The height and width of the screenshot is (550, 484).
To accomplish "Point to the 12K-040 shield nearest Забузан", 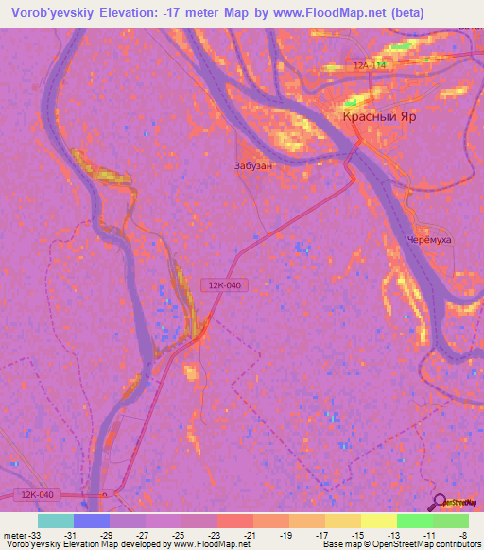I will tap(225, 284).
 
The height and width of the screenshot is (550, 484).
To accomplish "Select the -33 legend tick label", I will tap(34, 534).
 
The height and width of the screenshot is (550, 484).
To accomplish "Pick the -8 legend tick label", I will tap(463, 534).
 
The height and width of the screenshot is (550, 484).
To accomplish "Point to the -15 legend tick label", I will tap(357, 534).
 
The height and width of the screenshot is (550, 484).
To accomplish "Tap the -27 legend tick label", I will tap(143, 534).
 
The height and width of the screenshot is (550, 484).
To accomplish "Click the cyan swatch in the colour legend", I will tap(55, 521).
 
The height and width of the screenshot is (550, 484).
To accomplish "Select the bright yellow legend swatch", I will tap(378, 521).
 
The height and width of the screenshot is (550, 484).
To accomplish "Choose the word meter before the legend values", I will tap(14, 534).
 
